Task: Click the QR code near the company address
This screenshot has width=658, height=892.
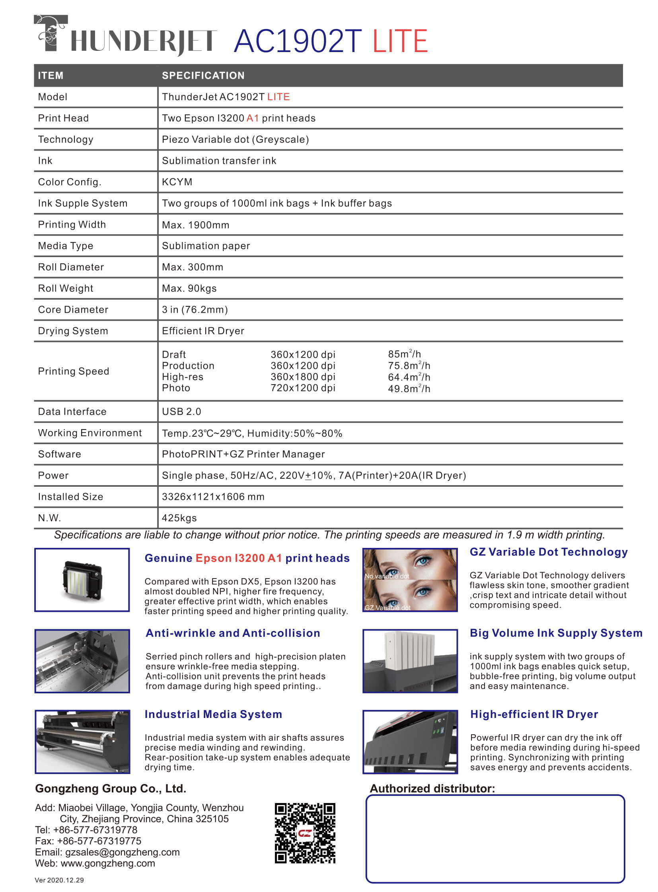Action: click(305, 833)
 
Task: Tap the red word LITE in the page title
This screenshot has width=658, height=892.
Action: click(400, 41)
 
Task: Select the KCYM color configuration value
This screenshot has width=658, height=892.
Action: click(177, 182)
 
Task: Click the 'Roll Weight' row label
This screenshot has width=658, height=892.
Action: click(65, 288)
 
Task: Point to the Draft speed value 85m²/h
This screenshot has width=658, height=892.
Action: click(404, 354)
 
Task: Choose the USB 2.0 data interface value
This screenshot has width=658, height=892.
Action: click(181, 411)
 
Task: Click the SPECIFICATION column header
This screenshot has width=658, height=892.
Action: click(203, 75)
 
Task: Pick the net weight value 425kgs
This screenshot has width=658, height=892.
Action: click(179, 518)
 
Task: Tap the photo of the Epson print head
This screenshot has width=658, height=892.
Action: click(82, 579)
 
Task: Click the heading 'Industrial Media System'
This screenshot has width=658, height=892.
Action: click(213, 714)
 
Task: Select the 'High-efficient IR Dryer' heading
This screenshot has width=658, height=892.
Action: click(534, 714)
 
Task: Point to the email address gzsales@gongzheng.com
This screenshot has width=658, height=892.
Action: click(122, 852)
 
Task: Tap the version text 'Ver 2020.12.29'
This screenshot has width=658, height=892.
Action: click(59, 880)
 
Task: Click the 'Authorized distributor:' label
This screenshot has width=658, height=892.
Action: click(432, 788)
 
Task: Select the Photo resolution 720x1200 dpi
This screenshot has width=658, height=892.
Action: click(303, 388)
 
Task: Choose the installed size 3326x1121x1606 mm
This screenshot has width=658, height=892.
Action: click(213, 497)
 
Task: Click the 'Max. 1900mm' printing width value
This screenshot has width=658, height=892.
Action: click(195, 225)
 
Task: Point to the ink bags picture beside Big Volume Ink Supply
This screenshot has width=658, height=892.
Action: click(410, 660)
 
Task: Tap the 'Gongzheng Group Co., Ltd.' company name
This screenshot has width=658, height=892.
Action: click(110, 788)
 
